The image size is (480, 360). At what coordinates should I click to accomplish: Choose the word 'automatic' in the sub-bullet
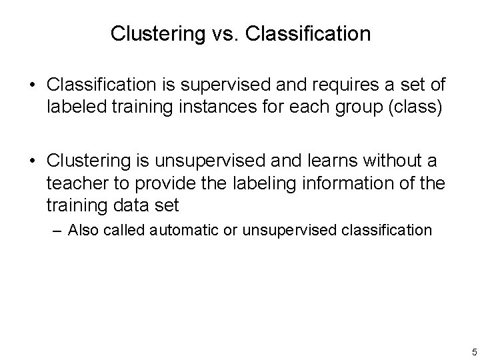[185, 231]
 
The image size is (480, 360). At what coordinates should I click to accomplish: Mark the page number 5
[473, 352]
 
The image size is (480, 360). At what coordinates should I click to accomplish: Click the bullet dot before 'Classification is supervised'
[33, 87]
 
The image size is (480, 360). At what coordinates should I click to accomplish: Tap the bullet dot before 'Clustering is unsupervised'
[33, 162]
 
